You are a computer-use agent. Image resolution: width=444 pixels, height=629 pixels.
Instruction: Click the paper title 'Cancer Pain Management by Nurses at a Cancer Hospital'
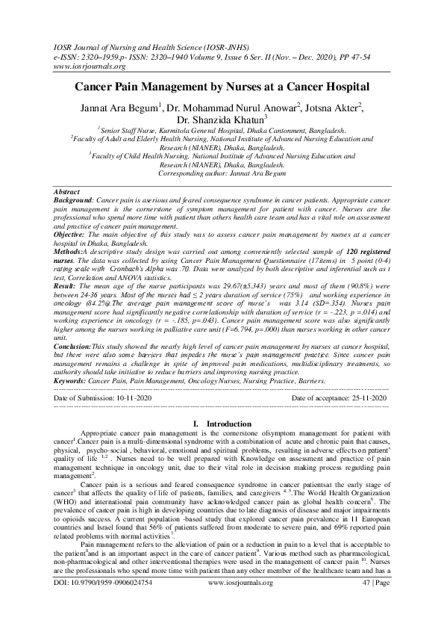(x=222, y=87)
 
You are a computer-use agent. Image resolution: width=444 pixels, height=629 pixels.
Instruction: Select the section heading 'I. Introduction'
(x=222, y=424)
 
